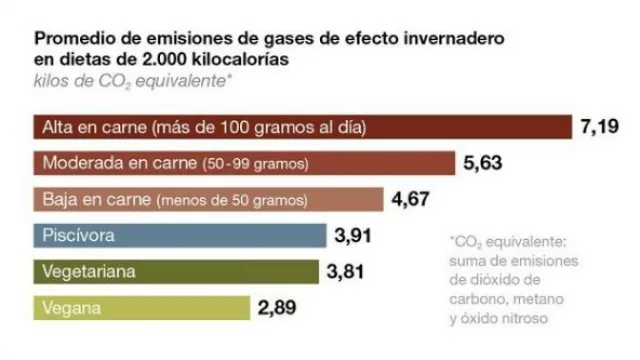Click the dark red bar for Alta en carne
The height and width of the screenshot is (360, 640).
pos(300,127)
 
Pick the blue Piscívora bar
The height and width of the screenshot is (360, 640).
pos(180,236)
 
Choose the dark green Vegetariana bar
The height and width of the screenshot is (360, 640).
pos(176,272)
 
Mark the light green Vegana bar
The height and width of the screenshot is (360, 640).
pos(141,308)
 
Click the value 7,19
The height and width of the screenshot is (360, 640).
pos(601,127)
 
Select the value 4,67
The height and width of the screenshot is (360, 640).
pos(411,199)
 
